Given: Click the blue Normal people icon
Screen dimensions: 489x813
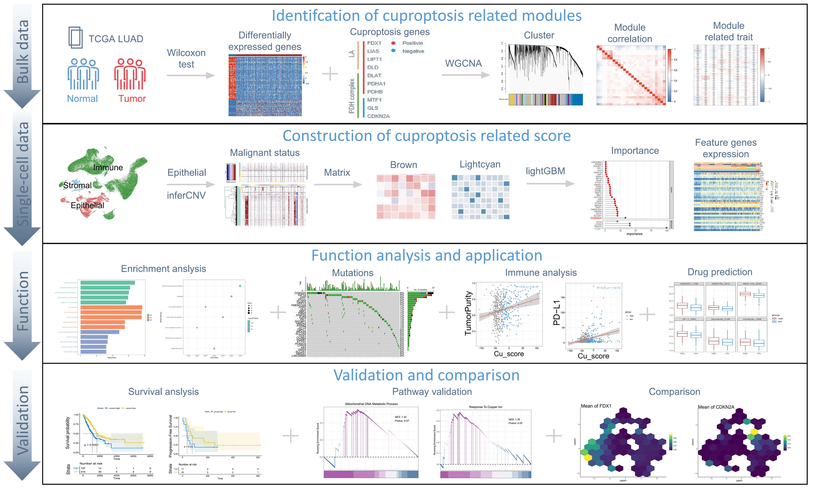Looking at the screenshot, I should pos(83,74).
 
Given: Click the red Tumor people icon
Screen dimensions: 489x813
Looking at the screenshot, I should pos(130,74).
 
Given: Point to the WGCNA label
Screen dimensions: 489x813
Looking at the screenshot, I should pos(463,63).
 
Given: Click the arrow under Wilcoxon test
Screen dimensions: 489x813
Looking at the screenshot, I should pos(190,75).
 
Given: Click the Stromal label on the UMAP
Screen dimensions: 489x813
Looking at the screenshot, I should pos(77,186).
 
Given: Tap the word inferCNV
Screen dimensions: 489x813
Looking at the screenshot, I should pos(186,195).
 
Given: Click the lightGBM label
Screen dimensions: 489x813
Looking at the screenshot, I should pos(545,171).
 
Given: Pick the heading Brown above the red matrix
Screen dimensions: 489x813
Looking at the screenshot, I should pos(404,165).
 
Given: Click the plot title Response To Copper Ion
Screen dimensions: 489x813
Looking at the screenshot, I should pos(486,407).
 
